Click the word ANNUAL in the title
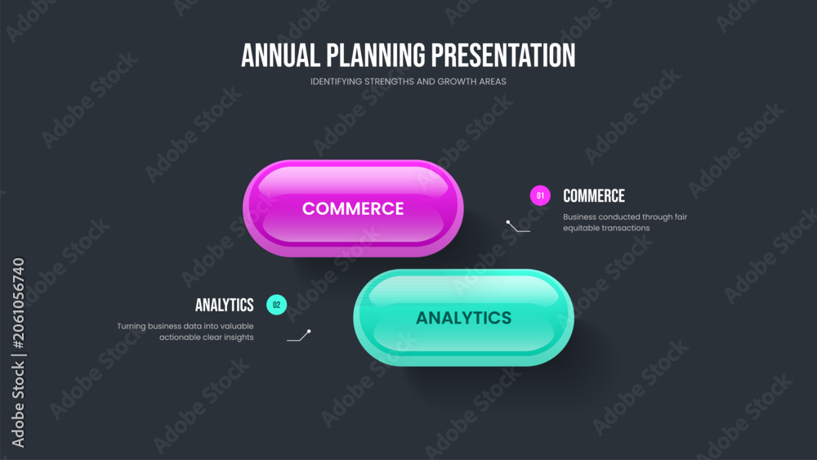pos(280,56)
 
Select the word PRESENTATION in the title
pos(503,56)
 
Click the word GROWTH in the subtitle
pos(453,82)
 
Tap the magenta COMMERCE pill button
pos(353,208)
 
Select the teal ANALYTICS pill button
pos(464,318)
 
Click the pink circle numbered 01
pos(540,196)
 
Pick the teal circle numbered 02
pos(277,305)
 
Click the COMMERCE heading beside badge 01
pos(594,196)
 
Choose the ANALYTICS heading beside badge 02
pos(225,305)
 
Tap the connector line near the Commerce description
pos(517,227)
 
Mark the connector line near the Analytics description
pos(300,336)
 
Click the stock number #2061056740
pos(18,303)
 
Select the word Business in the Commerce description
pos(580,217)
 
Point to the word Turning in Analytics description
pos(132,326)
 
